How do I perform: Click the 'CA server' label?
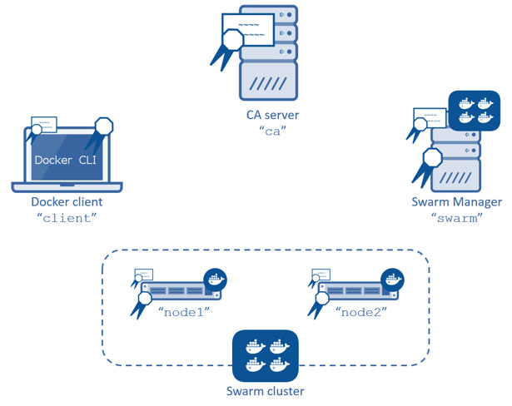[x=266, y=116]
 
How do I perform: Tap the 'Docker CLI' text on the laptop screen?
[x=67, y=159]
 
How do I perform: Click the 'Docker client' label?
[x=67, y=202]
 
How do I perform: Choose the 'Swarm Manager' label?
[x=456, y=202]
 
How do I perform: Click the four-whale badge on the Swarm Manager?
[x=473, y=111]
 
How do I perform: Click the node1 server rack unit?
[x=177, y=291]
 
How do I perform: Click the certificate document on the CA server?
[x=250, y=28]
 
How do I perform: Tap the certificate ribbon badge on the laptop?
[x=103, y=131]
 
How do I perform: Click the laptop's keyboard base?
[x=67, y=187]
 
